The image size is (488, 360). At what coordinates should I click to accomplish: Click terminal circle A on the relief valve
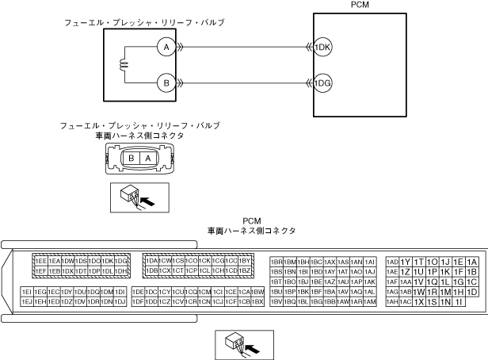click(166, 48)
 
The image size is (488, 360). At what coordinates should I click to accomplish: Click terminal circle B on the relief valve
click(166, 82)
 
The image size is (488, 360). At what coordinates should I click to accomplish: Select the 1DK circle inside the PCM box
click(322, 48)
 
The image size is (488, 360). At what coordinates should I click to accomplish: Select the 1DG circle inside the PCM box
click(322, 82)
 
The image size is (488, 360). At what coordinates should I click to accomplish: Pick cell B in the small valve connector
click(132, 158)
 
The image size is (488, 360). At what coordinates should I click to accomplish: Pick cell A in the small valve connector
click(147, 158)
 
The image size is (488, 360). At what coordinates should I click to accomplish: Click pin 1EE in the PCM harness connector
click(40, 261)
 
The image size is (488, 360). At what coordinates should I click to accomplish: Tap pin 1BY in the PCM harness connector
click(245, 261)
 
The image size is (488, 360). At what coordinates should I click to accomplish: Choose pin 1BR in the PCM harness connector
click(276, 261)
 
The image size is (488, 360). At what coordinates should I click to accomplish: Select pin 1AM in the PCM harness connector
click(369, 301)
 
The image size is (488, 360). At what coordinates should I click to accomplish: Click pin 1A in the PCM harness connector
click(472, 262)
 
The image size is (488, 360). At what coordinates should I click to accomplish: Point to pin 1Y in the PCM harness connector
click(405, 262)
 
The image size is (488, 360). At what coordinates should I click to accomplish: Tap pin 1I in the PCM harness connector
click(459, 302)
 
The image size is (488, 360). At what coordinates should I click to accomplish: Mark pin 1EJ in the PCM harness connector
click(27, 301)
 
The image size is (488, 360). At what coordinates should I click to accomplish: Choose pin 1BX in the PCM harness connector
click(257, 301)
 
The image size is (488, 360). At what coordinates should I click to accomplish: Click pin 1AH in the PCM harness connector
click(392, 302)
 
